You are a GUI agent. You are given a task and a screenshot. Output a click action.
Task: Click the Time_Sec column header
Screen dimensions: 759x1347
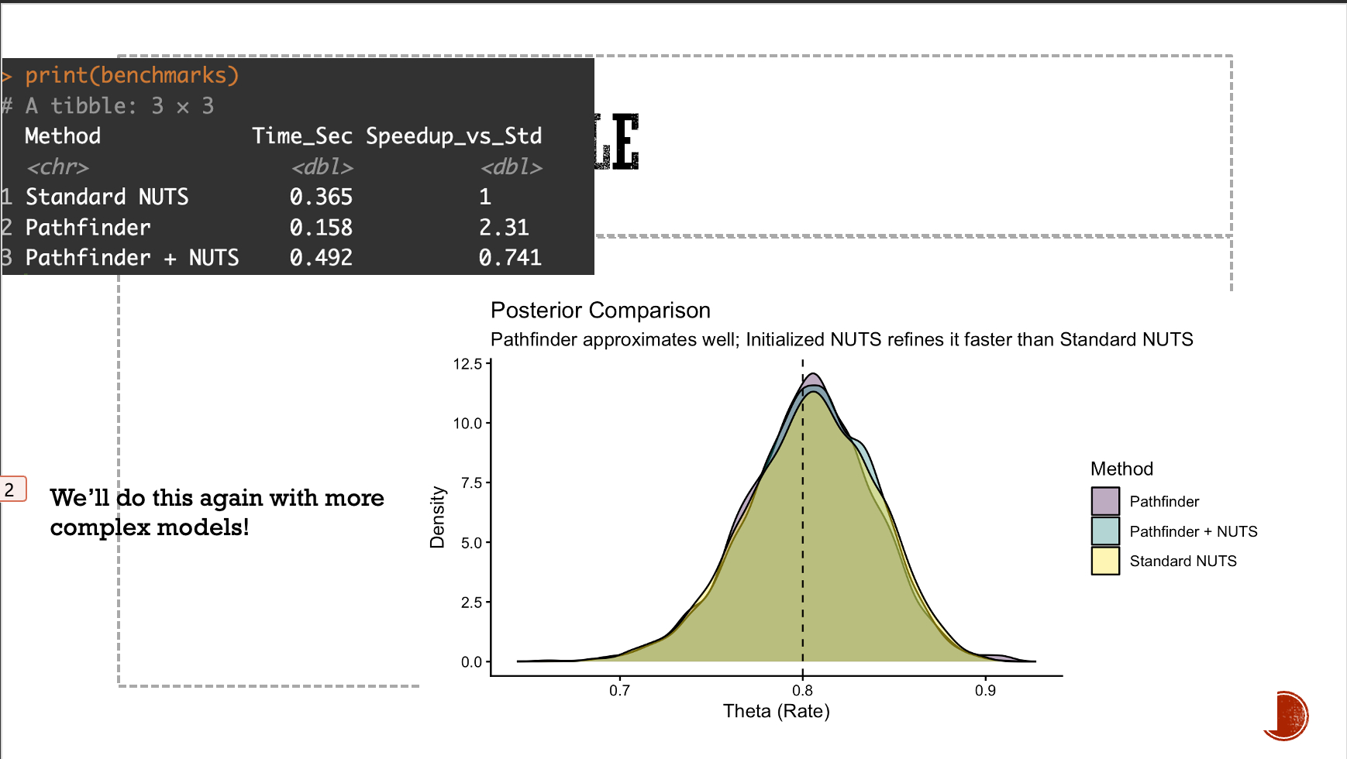pyautogui.click(x=302, y=136)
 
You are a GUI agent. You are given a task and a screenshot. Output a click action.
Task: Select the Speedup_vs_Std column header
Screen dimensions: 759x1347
pyautogui.click(x=453, y=136)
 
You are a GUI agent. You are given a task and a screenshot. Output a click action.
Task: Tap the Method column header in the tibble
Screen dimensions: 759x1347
pyautogui.click(x=63, y=136)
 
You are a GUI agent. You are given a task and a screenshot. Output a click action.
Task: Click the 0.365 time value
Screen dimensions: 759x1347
pyautogui.click(x=321, y=197)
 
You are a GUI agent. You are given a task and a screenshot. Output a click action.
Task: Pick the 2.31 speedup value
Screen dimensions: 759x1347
pyautogui.click(x=504, y=227)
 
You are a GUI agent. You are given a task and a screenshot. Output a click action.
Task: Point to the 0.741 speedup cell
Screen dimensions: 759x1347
pyautogui.click(x=510, y=257)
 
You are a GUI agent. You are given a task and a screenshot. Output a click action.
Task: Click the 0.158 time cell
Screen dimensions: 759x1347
pyautogui.click(x=321, y=227)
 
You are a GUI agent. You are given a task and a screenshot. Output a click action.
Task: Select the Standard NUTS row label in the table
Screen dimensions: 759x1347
pyautogui.click(x=107, y=197)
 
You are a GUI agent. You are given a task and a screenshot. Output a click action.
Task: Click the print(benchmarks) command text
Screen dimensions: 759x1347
pyautogui.click(x=132, y=75)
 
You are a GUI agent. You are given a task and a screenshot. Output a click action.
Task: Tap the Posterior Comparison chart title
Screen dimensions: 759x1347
pyautogui.click(x=601, y=311)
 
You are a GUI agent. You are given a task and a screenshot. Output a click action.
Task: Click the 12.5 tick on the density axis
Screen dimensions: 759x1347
pyautogui.click(x=467, y=364)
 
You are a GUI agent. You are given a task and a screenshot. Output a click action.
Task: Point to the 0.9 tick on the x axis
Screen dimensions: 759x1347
pyautogui.click(x=985, y=690)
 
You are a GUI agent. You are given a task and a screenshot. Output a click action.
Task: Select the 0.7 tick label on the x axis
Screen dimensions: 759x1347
pyautogui.click(x=619, y=690)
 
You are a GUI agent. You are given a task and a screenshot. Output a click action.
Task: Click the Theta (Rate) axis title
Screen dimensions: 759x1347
pyautogui.click(x=776, y=711)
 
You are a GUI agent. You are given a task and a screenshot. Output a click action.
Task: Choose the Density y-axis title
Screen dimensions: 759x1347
pyautogui.click(x=437, y=517)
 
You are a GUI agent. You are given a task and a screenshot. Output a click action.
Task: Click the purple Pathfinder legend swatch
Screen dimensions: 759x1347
pyautogui.click(x=1105, y=501)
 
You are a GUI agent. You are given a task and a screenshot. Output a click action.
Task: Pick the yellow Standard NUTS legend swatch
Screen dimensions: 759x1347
pyautogui.click(x=1105, y=561)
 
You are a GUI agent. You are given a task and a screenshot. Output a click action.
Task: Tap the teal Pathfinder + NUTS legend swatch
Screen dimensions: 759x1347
pyautogui.click(x=1105, y=531)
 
